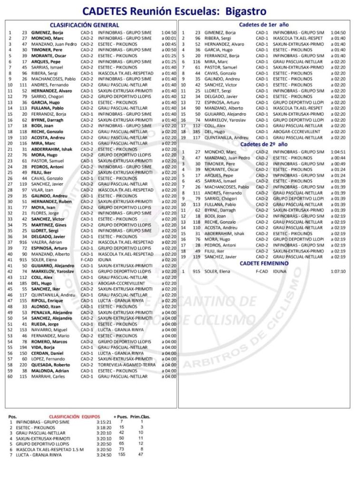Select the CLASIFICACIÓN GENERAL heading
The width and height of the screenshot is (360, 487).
84,25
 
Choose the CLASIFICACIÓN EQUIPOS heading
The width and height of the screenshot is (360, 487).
73,416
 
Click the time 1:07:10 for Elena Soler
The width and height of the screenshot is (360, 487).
338,271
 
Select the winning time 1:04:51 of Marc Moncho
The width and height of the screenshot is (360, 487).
338,152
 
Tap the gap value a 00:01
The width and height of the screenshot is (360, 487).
169,38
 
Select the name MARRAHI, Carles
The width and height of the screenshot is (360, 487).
47,377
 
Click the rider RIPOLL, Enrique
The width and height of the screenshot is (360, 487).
46,301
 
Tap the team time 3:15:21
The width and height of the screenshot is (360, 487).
103,422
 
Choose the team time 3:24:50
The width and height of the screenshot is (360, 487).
103,455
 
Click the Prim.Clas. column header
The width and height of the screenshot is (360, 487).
140,416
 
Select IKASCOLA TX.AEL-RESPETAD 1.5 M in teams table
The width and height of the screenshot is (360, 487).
50,449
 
